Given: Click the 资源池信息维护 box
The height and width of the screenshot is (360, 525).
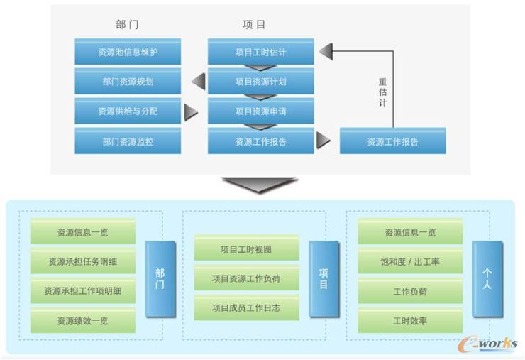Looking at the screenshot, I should (x=128, y=52).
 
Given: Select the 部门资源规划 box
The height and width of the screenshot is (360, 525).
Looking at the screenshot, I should (x=128, y=82).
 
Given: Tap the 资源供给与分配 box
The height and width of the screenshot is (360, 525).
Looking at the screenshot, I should (x=128, y=111).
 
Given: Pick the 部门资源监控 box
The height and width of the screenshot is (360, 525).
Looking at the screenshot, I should (x=128, y=141).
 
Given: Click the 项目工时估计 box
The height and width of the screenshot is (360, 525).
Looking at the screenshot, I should (x=260, y=52).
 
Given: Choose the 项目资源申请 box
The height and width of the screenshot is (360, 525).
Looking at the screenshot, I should (x=260, y=111).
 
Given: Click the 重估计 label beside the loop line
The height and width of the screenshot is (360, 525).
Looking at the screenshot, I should (x=382, y=93).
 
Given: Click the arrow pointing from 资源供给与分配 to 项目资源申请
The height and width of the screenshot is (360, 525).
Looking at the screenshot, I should (x=190, y=112).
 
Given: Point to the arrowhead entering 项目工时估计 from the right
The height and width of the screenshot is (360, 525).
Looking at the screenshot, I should (x=325, y=52).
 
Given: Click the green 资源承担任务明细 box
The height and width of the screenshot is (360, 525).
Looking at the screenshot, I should (x=83, y=262).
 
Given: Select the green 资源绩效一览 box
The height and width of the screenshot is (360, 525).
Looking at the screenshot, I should (x=83, y=321).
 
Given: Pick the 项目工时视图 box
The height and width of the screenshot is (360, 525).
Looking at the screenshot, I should (x=246, y=250).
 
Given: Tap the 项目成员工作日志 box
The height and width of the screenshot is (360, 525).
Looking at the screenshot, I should (x=246, y=308).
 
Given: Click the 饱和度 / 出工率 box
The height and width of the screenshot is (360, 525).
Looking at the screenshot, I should (x=410, y=262).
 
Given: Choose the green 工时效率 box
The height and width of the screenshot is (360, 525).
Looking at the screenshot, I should (x=410, y=321).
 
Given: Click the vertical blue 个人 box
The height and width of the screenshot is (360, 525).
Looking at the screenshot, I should (x=487, y=279).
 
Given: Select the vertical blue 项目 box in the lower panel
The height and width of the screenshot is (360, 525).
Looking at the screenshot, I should (x=323, y=279).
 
